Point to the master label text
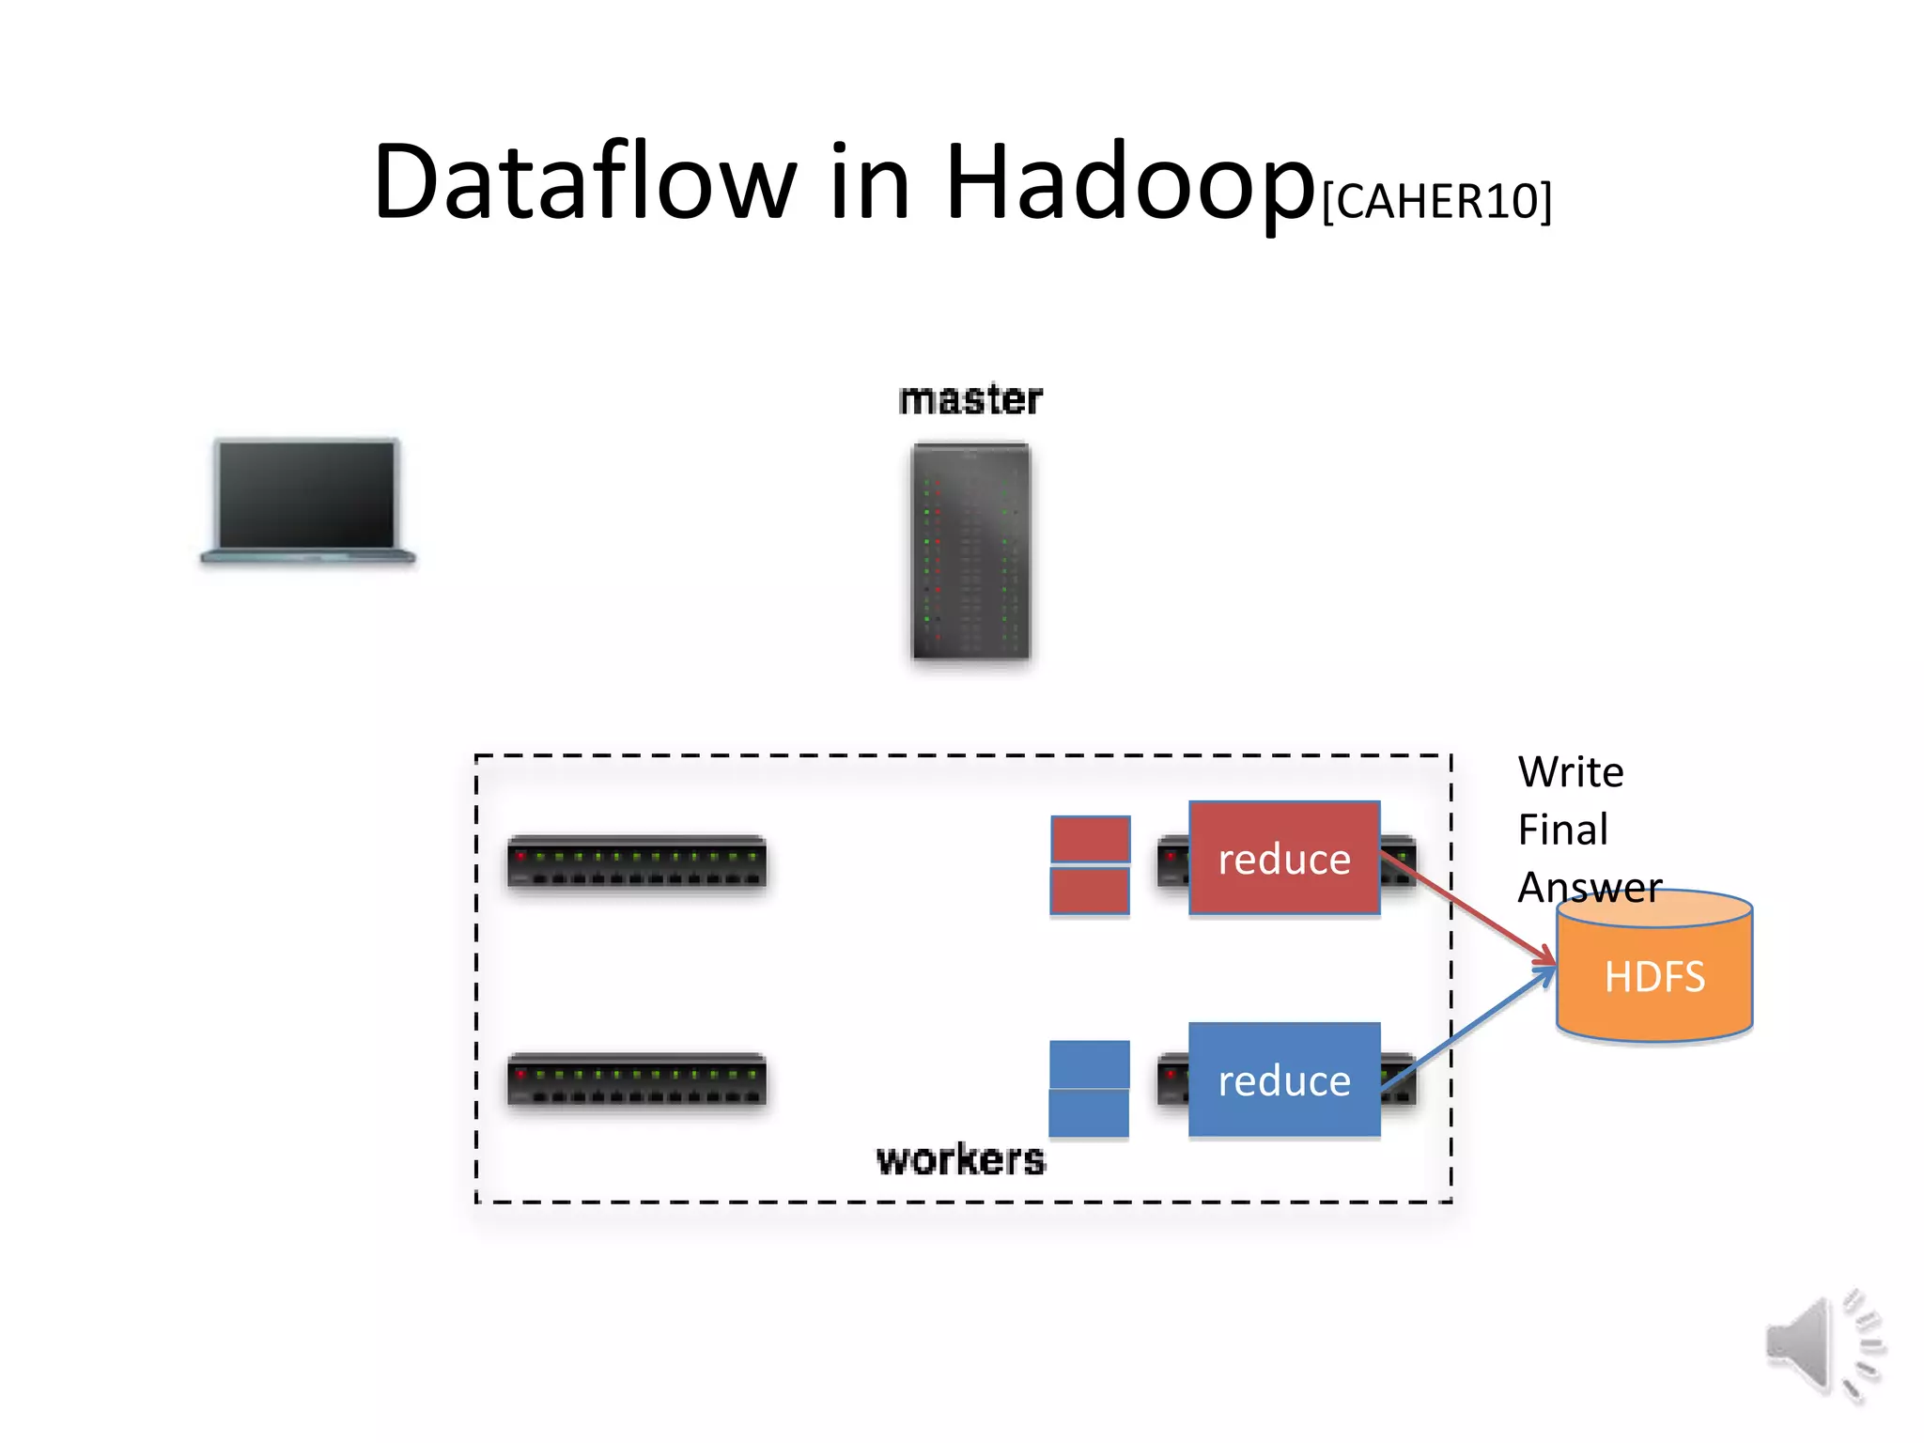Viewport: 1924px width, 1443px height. point(970,399)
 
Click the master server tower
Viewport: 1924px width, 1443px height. point(970,551)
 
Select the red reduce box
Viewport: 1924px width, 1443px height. point(1283,858)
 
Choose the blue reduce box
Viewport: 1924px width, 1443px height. point(1283,1080)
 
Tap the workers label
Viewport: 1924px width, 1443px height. point(960,1159)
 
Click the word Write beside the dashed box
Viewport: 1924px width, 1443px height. point(1570,772)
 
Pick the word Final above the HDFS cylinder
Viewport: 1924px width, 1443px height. point(1562,830)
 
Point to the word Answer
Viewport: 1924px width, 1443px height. point(1590,887)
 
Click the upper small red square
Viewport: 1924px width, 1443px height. point(1090,838)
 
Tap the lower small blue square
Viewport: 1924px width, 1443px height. point(1089,1113)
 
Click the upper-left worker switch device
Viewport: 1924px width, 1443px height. point(637,861)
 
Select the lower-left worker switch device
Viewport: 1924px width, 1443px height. point(637,1080)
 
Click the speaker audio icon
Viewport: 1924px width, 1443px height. point(1823,1344)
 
